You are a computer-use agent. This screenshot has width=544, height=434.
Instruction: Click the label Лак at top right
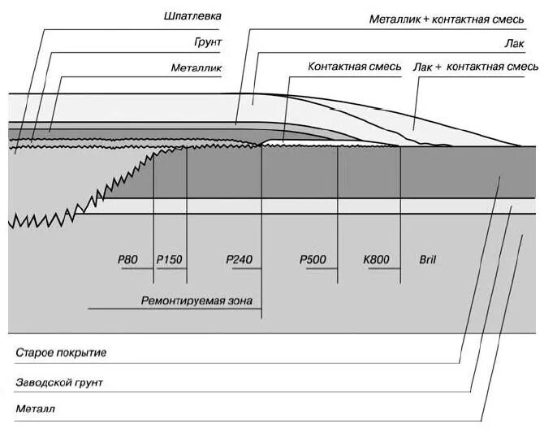point(512,42)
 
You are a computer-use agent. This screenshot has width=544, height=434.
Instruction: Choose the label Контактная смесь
point(355,67)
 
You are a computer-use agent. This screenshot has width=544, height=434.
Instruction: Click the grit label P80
point(128,259)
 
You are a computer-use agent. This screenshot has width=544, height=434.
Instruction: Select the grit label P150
point(170,259)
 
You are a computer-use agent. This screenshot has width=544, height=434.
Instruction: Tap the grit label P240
point(240,259)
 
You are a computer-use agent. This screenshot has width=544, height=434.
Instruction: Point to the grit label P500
point(313,259)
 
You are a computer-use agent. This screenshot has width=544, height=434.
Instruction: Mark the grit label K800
point(377,259)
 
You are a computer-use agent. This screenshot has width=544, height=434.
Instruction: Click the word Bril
point(428,259)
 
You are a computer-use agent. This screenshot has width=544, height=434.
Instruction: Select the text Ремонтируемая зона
point(197,301)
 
